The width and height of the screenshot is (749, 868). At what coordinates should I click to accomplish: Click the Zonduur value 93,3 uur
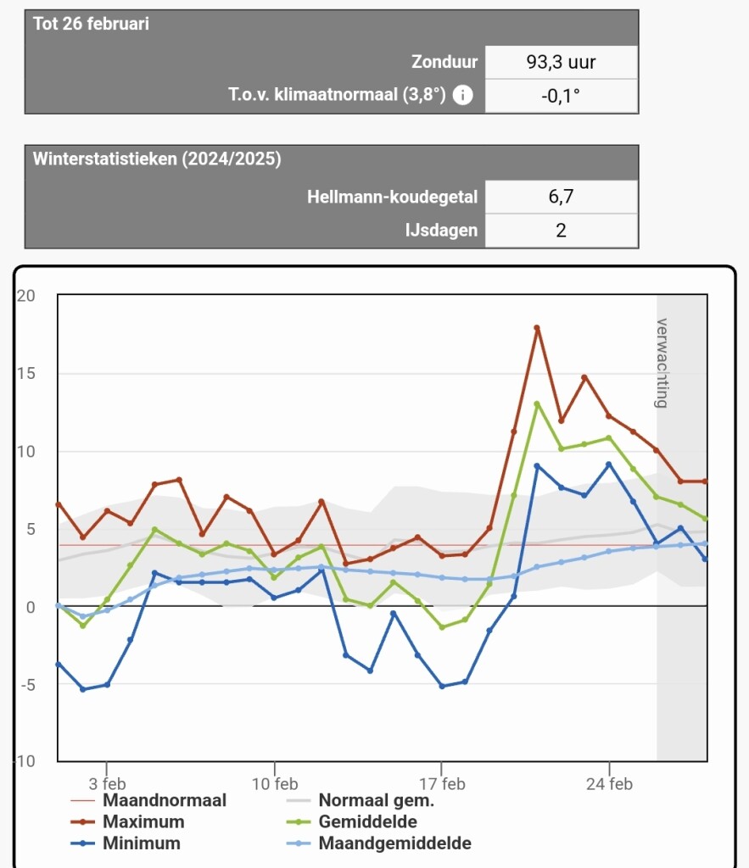tap(561, 62)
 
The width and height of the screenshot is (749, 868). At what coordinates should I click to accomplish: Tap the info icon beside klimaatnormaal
tap(462, 95)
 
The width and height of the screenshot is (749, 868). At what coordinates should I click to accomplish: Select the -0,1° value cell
tap(561, 97)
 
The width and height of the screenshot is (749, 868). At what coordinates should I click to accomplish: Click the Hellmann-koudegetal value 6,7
tap(561, 197)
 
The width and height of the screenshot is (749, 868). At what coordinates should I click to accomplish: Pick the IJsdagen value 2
tap(561, 231)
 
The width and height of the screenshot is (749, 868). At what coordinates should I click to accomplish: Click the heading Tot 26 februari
tap(91, 24)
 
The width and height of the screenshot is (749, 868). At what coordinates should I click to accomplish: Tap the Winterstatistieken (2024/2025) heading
tap(157, 159)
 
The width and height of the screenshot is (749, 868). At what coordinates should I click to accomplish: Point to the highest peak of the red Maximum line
tap(537, 328)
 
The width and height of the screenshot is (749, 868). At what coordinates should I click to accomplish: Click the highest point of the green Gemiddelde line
tap(537, 404)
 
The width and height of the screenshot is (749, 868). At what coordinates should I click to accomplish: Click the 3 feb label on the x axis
tap(107, 784)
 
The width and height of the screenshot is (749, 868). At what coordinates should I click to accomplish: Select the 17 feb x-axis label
tap(442, 784)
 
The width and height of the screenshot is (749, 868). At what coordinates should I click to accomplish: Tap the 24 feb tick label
tap(609, 784)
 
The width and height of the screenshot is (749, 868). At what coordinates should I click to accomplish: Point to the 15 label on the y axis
tap(25, 374)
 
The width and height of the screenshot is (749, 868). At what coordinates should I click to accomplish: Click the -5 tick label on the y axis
tap(28, 685)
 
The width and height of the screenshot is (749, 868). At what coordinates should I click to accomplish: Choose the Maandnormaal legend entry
tap(148, 800)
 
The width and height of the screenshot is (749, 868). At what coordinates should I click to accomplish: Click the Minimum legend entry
tap(126, 843)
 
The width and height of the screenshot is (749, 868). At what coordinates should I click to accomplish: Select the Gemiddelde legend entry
tap(351, 822)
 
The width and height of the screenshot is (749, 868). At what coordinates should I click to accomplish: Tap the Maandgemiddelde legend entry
tap(379, 843)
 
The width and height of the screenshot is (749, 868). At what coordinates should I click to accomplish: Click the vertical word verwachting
tap(662, 363)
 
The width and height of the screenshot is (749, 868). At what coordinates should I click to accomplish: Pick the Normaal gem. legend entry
tap(361, 800)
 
